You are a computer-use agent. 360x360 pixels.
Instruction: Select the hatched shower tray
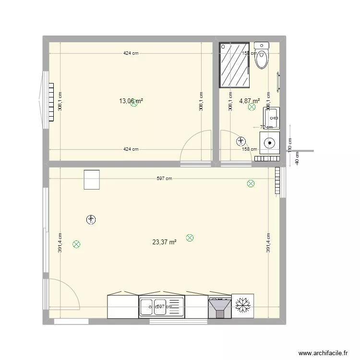[234, 65]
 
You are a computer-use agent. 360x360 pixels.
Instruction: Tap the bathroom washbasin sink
[271, 117]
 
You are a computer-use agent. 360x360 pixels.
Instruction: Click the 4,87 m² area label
[250, 101]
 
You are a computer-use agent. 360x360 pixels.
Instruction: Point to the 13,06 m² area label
[131, 101]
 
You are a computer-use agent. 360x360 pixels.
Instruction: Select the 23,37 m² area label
[164, 242]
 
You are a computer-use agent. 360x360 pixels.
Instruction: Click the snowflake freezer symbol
[242, 306]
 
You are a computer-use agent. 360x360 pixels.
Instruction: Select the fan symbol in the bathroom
[241, 141]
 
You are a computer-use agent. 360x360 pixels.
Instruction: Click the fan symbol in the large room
[91, 220]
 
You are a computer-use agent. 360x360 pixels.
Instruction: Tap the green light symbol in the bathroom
[252, 108]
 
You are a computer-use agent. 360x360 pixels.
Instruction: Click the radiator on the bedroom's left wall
[50, 102]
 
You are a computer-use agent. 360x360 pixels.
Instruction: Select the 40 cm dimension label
[298, 158]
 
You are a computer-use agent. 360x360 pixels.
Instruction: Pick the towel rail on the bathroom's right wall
[277, 81]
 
